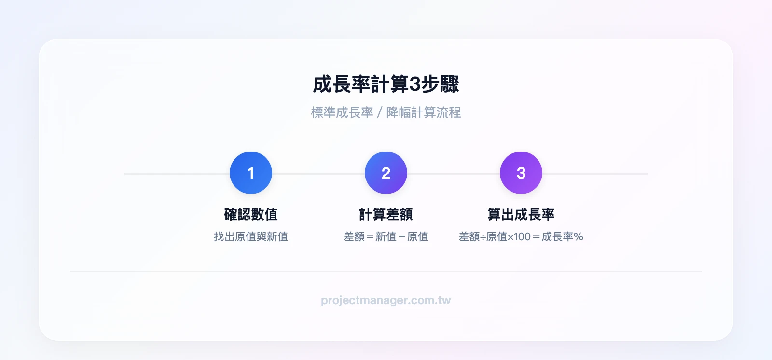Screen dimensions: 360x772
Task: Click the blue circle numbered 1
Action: (x=251, y=173)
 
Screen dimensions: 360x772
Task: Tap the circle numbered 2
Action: (x=386, y=173)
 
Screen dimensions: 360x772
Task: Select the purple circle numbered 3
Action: (x=521, y=173)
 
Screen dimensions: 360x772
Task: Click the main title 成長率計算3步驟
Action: (x=386, y=84)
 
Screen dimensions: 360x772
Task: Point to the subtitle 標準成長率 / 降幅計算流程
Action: (x=386, y=112)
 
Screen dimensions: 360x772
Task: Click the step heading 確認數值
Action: (x=251, y=214)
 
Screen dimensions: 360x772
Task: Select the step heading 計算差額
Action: (x=386, y=214)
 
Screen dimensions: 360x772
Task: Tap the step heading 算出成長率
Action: (x=521, y=214)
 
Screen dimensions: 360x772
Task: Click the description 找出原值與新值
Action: (x=251, y=236)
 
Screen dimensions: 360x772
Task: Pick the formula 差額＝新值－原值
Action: (x=386, y=236)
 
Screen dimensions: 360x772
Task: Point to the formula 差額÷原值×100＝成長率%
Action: (x=521, y=236)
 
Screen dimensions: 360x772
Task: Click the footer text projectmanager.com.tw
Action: (x=386, y=300)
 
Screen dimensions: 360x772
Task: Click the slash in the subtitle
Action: (x=380, y=113)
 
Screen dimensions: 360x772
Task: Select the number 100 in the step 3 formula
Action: (x=522, y=237)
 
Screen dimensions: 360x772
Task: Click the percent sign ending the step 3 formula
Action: (x=579, y=237)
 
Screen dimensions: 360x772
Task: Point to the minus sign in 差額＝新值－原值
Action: (x=402, y=237)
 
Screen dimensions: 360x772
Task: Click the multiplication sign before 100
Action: (x=510, y=237)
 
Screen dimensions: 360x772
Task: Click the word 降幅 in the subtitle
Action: (x=399, y=112)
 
